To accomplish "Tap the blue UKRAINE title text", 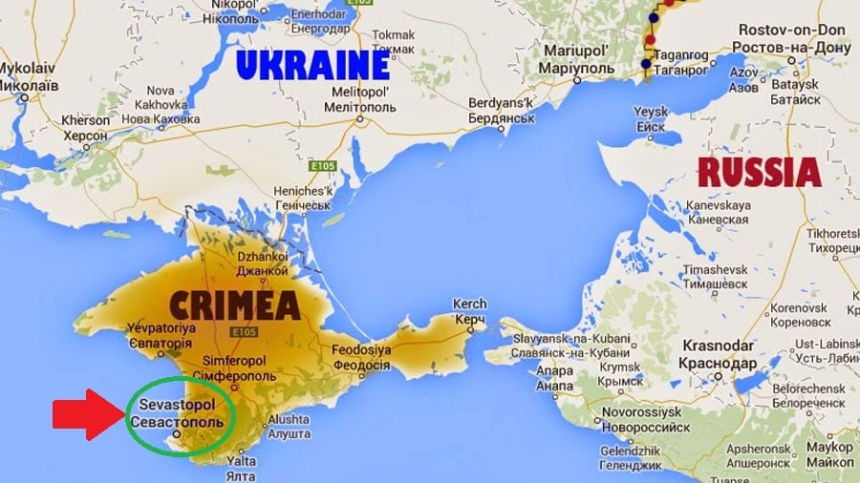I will tap(312, 65).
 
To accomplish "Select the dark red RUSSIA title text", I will tap(758, 173).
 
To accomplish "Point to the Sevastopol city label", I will tap(179, 412).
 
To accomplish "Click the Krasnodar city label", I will tap(718, 355).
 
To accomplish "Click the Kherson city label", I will tap(86, 129).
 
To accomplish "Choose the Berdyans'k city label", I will tap(506, 110).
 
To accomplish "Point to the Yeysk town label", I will tap(651, 119).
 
